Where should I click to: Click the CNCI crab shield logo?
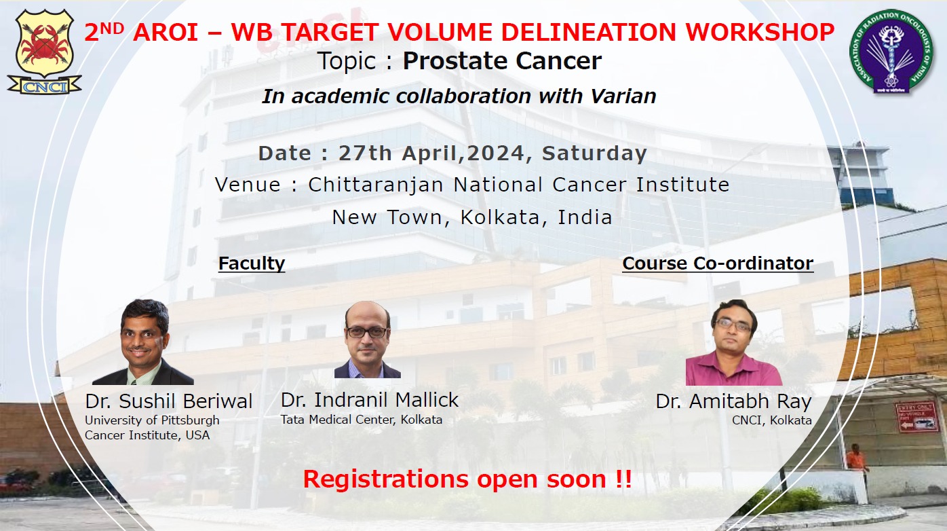(44, 52)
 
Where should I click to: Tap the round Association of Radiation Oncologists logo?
(891, 52)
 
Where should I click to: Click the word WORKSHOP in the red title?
(760, 32)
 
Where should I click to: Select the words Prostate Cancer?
(502, 61)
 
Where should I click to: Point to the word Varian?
(623, 96)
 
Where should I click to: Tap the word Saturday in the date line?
(594, 153)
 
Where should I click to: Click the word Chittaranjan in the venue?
(376, 185)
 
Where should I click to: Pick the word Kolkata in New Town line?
(500, 217)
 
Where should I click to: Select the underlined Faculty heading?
(252, 263)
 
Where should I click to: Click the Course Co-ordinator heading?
(718, 263)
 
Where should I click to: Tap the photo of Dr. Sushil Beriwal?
(143, 342)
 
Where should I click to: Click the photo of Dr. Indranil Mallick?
(368, 340)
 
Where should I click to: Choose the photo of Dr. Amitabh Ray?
(734, 342)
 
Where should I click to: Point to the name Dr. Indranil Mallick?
(370, 400)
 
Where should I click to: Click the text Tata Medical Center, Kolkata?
(362, 420)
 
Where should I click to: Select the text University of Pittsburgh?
(152, 420)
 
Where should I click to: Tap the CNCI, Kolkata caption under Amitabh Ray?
(772, 420)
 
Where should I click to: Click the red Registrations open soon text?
(467, 479)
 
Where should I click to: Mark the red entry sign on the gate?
(913, 417)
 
